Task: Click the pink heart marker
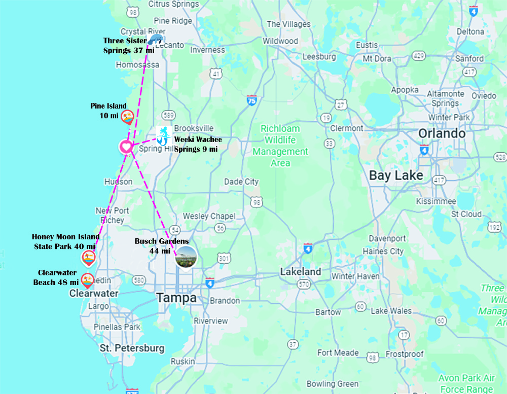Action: (126, 147)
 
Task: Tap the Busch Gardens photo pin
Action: (186, 257)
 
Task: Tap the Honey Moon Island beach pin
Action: (89, 258)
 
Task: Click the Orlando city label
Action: (442, 134)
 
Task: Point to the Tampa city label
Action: (176, 298)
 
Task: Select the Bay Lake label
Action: (395, 175)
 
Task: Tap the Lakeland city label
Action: (301, 272)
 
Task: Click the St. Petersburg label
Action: (132, 348)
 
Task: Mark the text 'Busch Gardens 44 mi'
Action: (161, 246)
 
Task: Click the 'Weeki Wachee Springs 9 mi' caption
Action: (198, 144)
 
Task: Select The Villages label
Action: (288, 24)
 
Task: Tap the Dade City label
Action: (241, 182)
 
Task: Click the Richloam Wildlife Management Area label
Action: (280, 146)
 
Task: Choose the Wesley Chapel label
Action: (209, 216)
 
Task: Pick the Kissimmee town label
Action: (436, 201)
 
